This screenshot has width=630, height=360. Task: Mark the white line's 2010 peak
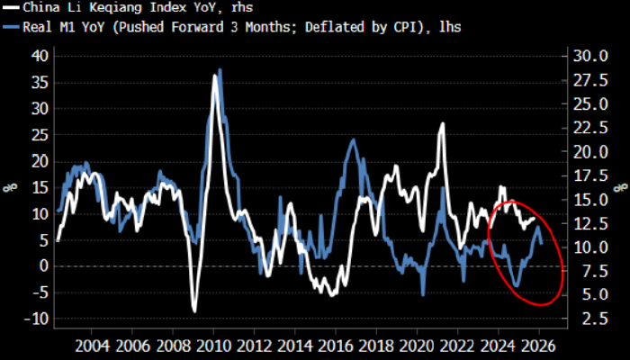click(x=216, y=76)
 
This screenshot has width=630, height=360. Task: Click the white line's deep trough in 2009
click(x=194, y=310)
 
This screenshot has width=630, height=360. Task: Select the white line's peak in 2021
click(x=443, y=123)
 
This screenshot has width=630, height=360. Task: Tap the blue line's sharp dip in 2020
click(x=423, y=294)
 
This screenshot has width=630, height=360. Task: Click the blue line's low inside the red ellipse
click(x=517, y=286)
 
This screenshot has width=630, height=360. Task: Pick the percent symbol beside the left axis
click(x=12, y=187)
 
